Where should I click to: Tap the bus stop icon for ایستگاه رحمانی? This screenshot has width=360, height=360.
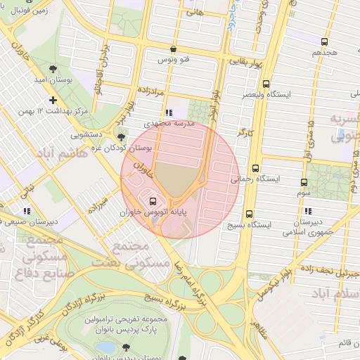click(255, 168)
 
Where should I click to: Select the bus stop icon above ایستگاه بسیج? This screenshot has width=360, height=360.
click(249, 214)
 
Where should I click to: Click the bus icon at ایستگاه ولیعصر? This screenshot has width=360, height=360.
click(265, 84)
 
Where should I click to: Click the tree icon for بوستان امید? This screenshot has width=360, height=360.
click(54, 68)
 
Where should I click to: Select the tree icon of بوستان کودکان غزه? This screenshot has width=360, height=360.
click(121, 137)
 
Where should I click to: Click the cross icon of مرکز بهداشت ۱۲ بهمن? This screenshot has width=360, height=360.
click(53, 101)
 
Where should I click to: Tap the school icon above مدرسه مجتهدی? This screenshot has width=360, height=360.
click(168, 112)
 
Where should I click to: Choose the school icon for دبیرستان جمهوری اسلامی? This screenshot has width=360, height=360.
click(307, 211)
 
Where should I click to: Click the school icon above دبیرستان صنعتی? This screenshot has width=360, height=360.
click(27, 210)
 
